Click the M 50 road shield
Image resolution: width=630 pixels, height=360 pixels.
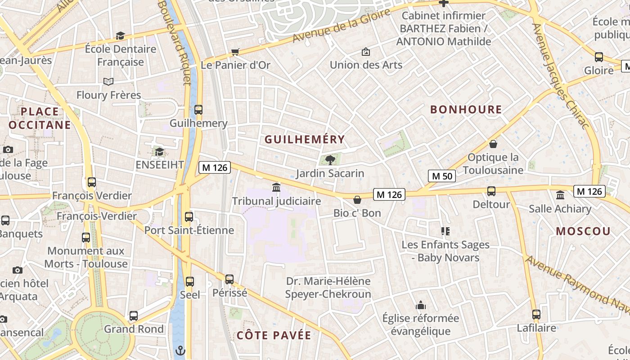point(442,176)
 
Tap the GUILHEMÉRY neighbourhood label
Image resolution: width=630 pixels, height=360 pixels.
point(305,139)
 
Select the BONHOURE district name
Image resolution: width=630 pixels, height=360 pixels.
point(466,109)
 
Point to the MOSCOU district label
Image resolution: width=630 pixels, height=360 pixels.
point(583,231)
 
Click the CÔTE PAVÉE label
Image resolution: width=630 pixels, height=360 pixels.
point(274,335)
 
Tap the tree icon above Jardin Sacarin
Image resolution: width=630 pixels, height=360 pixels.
point(330,159)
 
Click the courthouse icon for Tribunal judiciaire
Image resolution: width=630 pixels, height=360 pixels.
point(276,187)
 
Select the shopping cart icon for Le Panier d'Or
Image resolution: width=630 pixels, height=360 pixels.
point(235,52)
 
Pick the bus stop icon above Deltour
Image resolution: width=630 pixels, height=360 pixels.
point(491,191)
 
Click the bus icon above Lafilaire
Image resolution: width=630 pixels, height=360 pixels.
point(536,315)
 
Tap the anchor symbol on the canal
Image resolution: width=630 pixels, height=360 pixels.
point(180,350)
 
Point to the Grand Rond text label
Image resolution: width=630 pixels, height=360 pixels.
point(134,329)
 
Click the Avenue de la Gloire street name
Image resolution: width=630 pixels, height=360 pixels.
point(342,25)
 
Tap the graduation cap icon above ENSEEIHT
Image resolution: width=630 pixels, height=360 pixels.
point(159,152)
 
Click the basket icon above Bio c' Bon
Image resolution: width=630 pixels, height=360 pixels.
point(357,199)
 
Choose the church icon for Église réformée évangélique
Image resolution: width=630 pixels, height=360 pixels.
point(421,305)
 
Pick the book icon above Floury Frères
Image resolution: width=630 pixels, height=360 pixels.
point(108,81)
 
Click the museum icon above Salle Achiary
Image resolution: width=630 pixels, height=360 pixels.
point(560,195)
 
